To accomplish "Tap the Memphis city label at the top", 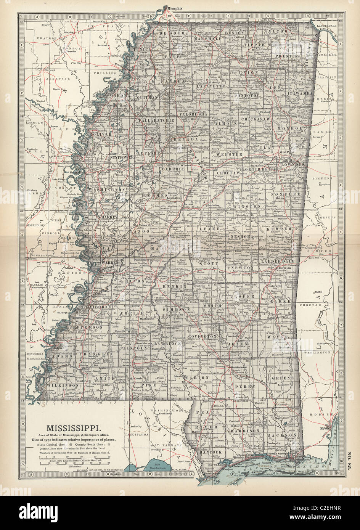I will click(173, 8).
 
